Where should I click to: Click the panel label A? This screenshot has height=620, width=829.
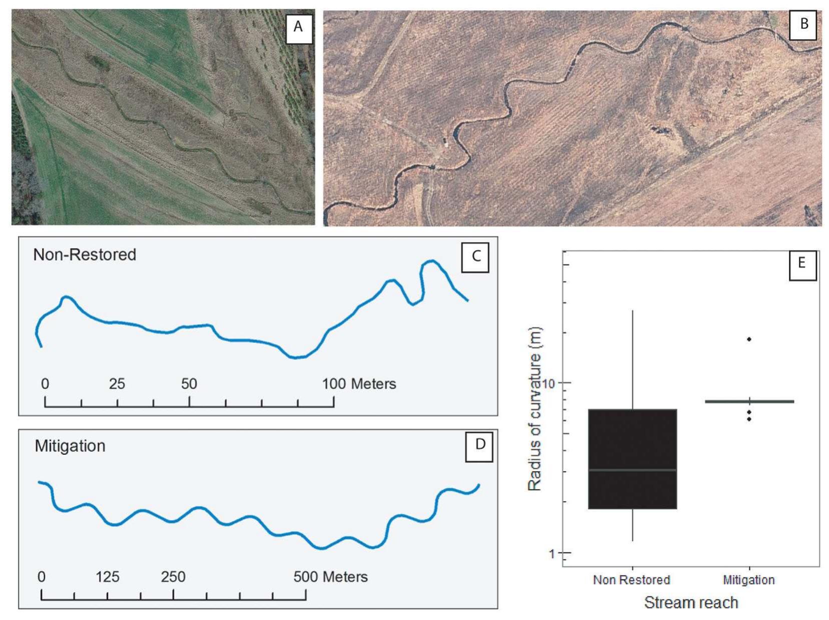(x=298, y=27)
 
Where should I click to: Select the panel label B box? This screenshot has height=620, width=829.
(x=803, y=24)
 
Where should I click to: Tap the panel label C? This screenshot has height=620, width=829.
(x=475, y=256)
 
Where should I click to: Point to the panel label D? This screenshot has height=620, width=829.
(x=479, y=444)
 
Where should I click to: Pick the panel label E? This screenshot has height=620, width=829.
(x=801, y=263)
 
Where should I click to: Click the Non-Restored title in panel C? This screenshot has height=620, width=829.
(x=85, y=255)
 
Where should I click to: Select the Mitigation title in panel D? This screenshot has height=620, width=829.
(x=70, y=446)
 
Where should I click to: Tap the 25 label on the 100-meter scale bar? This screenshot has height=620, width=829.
(x=117, y=384)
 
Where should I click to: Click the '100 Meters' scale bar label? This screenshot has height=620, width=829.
(x=359, y=384)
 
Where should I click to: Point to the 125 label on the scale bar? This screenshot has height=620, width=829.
(x=107, y=577)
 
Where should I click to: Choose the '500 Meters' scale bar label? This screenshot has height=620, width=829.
(x=330, y=577)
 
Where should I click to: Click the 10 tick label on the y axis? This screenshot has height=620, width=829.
(x=549, y=383)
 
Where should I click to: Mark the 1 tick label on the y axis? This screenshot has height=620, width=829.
(x=552, y=553)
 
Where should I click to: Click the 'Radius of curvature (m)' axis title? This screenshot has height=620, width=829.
(x=535, y=408)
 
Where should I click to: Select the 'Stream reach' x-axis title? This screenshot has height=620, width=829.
(x=691, y=602)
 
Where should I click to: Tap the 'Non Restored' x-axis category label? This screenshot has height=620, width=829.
(x=631, y=580)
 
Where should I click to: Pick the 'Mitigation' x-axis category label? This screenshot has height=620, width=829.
(x=748, y=580)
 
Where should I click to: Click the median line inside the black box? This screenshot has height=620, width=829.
(x=632, y=470)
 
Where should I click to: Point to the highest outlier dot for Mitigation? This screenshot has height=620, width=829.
(x=749, y=339)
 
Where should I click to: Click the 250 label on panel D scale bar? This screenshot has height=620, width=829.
(x=173, y=577)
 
